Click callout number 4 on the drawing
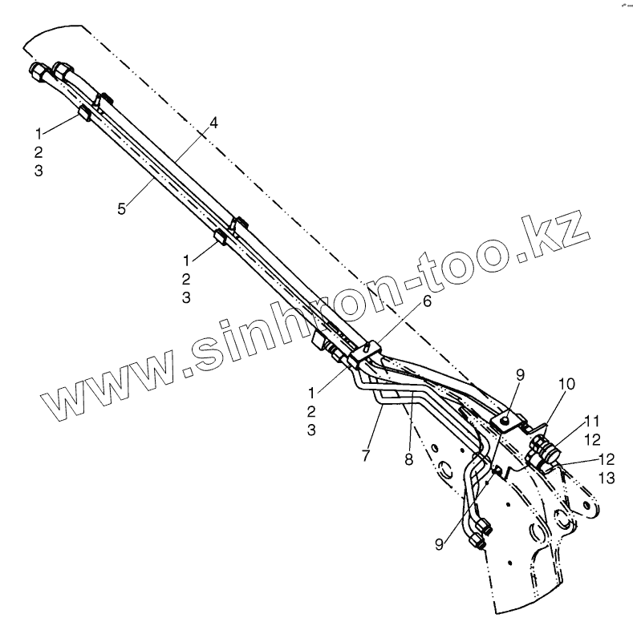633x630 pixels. point(213,123)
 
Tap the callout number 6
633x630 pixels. point(427,301)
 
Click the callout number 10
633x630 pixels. point(567,386)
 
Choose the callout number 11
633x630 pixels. point(591,420)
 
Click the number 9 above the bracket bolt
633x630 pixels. point(519,374)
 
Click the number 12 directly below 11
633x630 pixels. point(591,439)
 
